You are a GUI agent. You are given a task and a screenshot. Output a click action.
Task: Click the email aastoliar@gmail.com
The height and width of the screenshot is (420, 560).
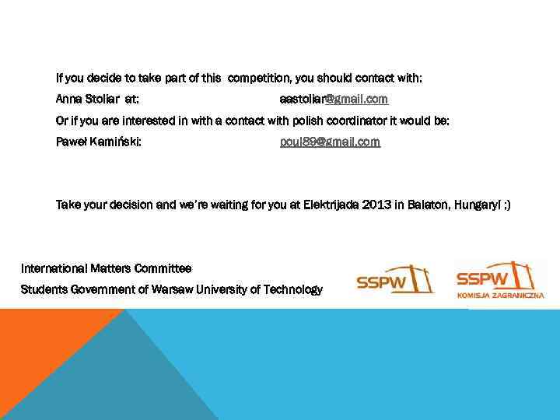click(334, 100)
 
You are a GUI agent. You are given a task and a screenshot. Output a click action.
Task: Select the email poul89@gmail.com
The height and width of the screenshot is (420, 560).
click(330, 142)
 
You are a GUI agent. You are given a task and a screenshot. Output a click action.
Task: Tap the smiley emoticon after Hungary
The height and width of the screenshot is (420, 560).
click(506, 205)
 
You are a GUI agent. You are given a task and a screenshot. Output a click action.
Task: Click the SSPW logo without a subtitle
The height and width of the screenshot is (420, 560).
click(395, 278)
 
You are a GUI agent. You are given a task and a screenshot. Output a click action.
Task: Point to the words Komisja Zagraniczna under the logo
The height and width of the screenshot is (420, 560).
click(500, 296)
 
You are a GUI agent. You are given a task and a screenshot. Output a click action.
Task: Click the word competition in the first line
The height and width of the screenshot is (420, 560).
click(261, 79)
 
